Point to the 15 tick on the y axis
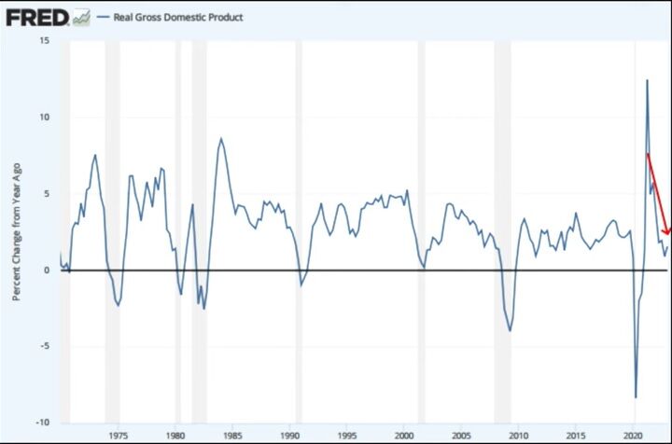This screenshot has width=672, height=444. [x=43, y=40]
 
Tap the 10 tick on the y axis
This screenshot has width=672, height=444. [x=43, y=117]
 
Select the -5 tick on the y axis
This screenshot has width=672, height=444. [x=43, y=346]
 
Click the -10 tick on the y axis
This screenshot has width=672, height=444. [x=42, y=423]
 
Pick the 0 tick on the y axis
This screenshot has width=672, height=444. [x=45, y=270]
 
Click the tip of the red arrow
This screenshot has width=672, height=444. [x=666, y=235]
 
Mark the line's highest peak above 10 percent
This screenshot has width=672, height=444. [x=647, y=80]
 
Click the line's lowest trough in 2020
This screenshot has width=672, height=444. [x=636, y=397]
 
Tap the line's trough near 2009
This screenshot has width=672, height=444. [x=510, y=330]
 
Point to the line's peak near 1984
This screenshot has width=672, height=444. [x=221, y=139]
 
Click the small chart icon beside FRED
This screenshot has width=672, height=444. [x=81, y=17]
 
